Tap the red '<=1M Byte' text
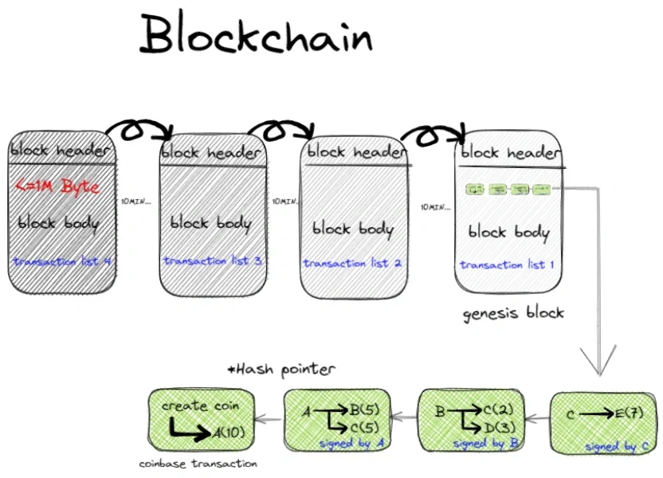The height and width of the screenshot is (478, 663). pos(58,187)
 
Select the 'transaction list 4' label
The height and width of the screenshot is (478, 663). pos(61,261)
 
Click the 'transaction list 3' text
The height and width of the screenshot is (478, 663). pos(211,261)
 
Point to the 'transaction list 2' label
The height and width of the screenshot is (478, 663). pos(352,263)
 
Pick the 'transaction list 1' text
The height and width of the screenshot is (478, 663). pos(508,264)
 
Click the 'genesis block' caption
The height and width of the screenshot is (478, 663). pos(513,312)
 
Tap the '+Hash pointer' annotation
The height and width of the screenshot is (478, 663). pos(281,369)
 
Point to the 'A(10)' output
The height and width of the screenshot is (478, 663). pos(229,433)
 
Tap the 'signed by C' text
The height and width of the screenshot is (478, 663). pos(616,447)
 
